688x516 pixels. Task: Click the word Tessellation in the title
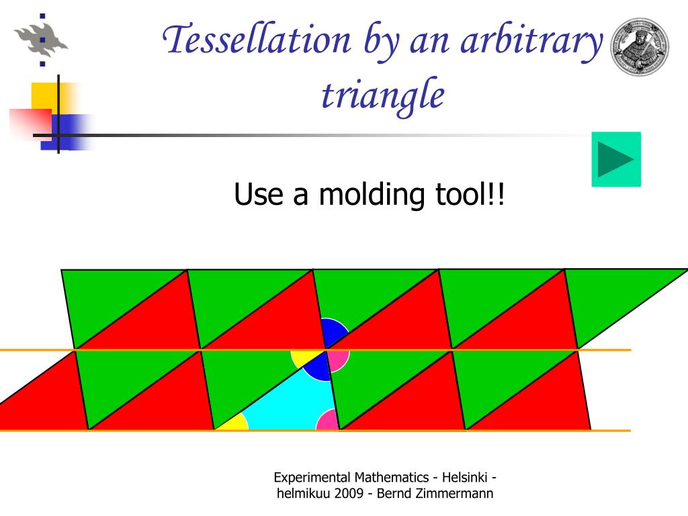pyautogui.click(x=257, y=40)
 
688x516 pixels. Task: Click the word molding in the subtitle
pyautogui.click(x=371, y=194)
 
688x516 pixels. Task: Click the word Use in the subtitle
pyautogui.click(x=259, y=194)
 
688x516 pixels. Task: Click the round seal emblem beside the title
pyautogui.click(x=640, y=47)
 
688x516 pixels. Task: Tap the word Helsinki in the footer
pyautogui.click(x=464, y=478)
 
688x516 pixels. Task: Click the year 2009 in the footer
pyautogui.click(x=349, y=493)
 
